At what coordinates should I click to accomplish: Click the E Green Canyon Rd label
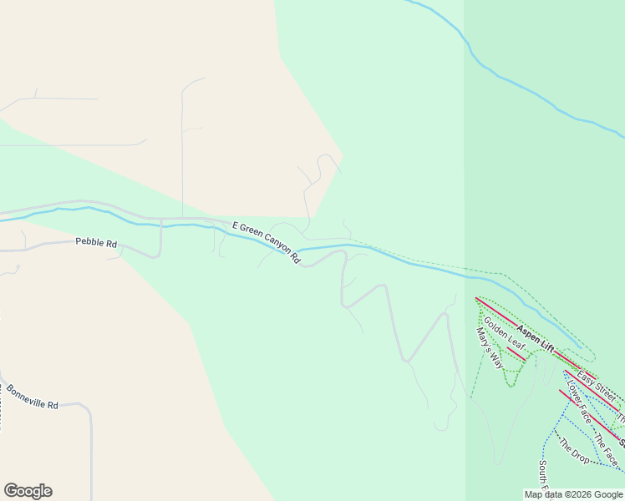click(x=266, y=242)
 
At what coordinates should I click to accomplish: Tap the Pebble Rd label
click(x=95, y=242)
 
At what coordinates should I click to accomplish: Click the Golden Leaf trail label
click(x=504, y=334)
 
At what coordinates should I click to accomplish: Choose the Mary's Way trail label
click(x=490, y=348)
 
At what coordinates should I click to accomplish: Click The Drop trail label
click(x=574, y=451)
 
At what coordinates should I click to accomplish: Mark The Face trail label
click(x=606, y=449)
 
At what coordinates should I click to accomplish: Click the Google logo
click(x=28, y=491)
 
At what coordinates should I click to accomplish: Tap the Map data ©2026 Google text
click(x=573, y=494)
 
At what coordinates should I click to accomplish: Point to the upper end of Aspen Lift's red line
click(x=477, y=298)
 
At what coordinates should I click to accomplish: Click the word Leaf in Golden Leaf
click(x=515, y=342)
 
